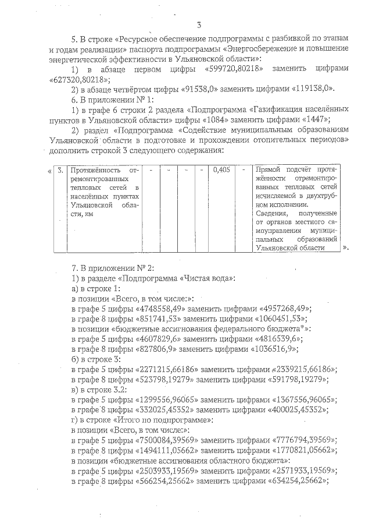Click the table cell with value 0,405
coord(220,170)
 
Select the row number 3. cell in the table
coord(60,170)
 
